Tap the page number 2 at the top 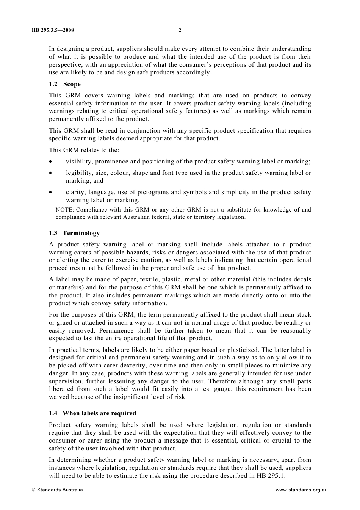click(180, 30)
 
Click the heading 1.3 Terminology click(74, 233)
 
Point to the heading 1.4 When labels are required click(92, 413)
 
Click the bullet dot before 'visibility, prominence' click(51, 162)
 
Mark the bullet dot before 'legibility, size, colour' click(51, 173)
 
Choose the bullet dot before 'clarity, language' click(51, 193)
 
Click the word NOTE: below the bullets click(64, 210)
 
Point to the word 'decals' click(302, 279)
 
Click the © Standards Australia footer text click(57, 490)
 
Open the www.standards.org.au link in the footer click(301, 490)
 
